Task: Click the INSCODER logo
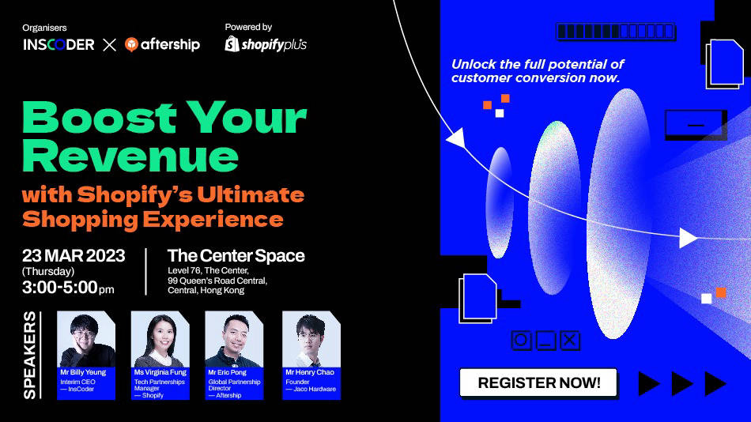point(58,45)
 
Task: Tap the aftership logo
point(162,45)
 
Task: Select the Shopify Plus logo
point(266,44)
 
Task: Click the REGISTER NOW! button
point(539,383)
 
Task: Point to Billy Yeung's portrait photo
point(87,340)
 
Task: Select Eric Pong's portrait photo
point(233,340)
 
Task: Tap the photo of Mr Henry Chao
point(311,340)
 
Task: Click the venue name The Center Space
point(236,255)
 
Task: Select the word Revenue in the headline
point(130,156)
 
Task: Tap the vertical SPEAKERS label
point(30,355)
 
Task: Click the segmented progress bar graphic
point(617,32)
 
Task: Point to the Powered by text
point(248,27)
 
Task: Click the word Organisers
point(45,27)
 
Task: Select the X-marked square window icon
point(569,341)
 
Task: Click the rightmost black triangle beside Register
point(715,384)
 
